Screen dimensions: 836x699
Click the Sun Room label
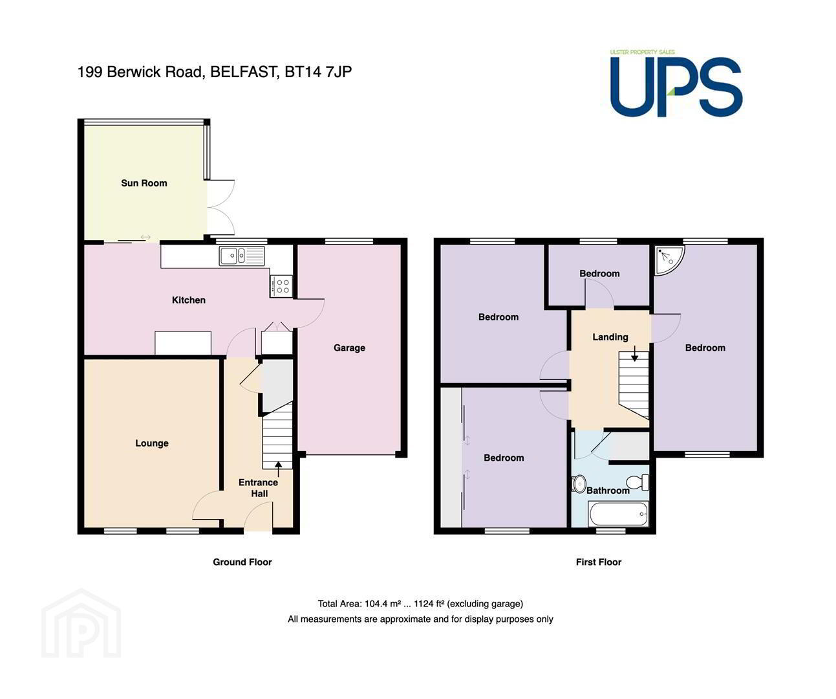pos(144,183)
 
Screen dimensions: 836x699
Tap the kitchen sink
pos(242,256)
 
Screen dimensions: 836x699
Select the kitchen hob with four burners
pos(281,286)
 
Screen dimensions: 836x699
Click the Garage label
pos(349,348)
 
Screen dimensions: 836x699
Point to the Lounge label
pos(152,443)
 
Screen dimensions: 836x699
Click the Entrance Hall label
pos(258,488)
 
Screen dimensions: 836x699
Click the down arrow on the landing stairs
pos(635,353)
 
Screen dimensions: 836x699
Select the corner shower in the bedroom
pos(669,260)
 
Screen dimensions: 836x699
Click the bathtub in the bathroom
pos(618,515)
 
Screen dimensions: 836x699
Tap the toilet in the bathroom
pos(638,482)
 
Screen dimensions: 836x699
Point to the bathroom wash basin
pos(579,483)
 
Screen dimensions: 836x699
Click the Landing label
pos(610,337)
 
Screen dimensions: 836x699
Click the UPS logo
pos(676,83)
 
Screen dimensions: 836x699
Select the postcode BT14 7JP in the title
pos(318,72)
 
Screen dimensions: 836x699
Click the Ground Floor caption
pos(242,562)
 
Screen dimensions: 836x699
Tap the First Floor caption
pos(599,562)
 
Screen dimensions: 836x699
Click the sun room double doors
pos(220,207)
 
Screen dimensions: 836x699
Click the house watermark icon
pos(81,623)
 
